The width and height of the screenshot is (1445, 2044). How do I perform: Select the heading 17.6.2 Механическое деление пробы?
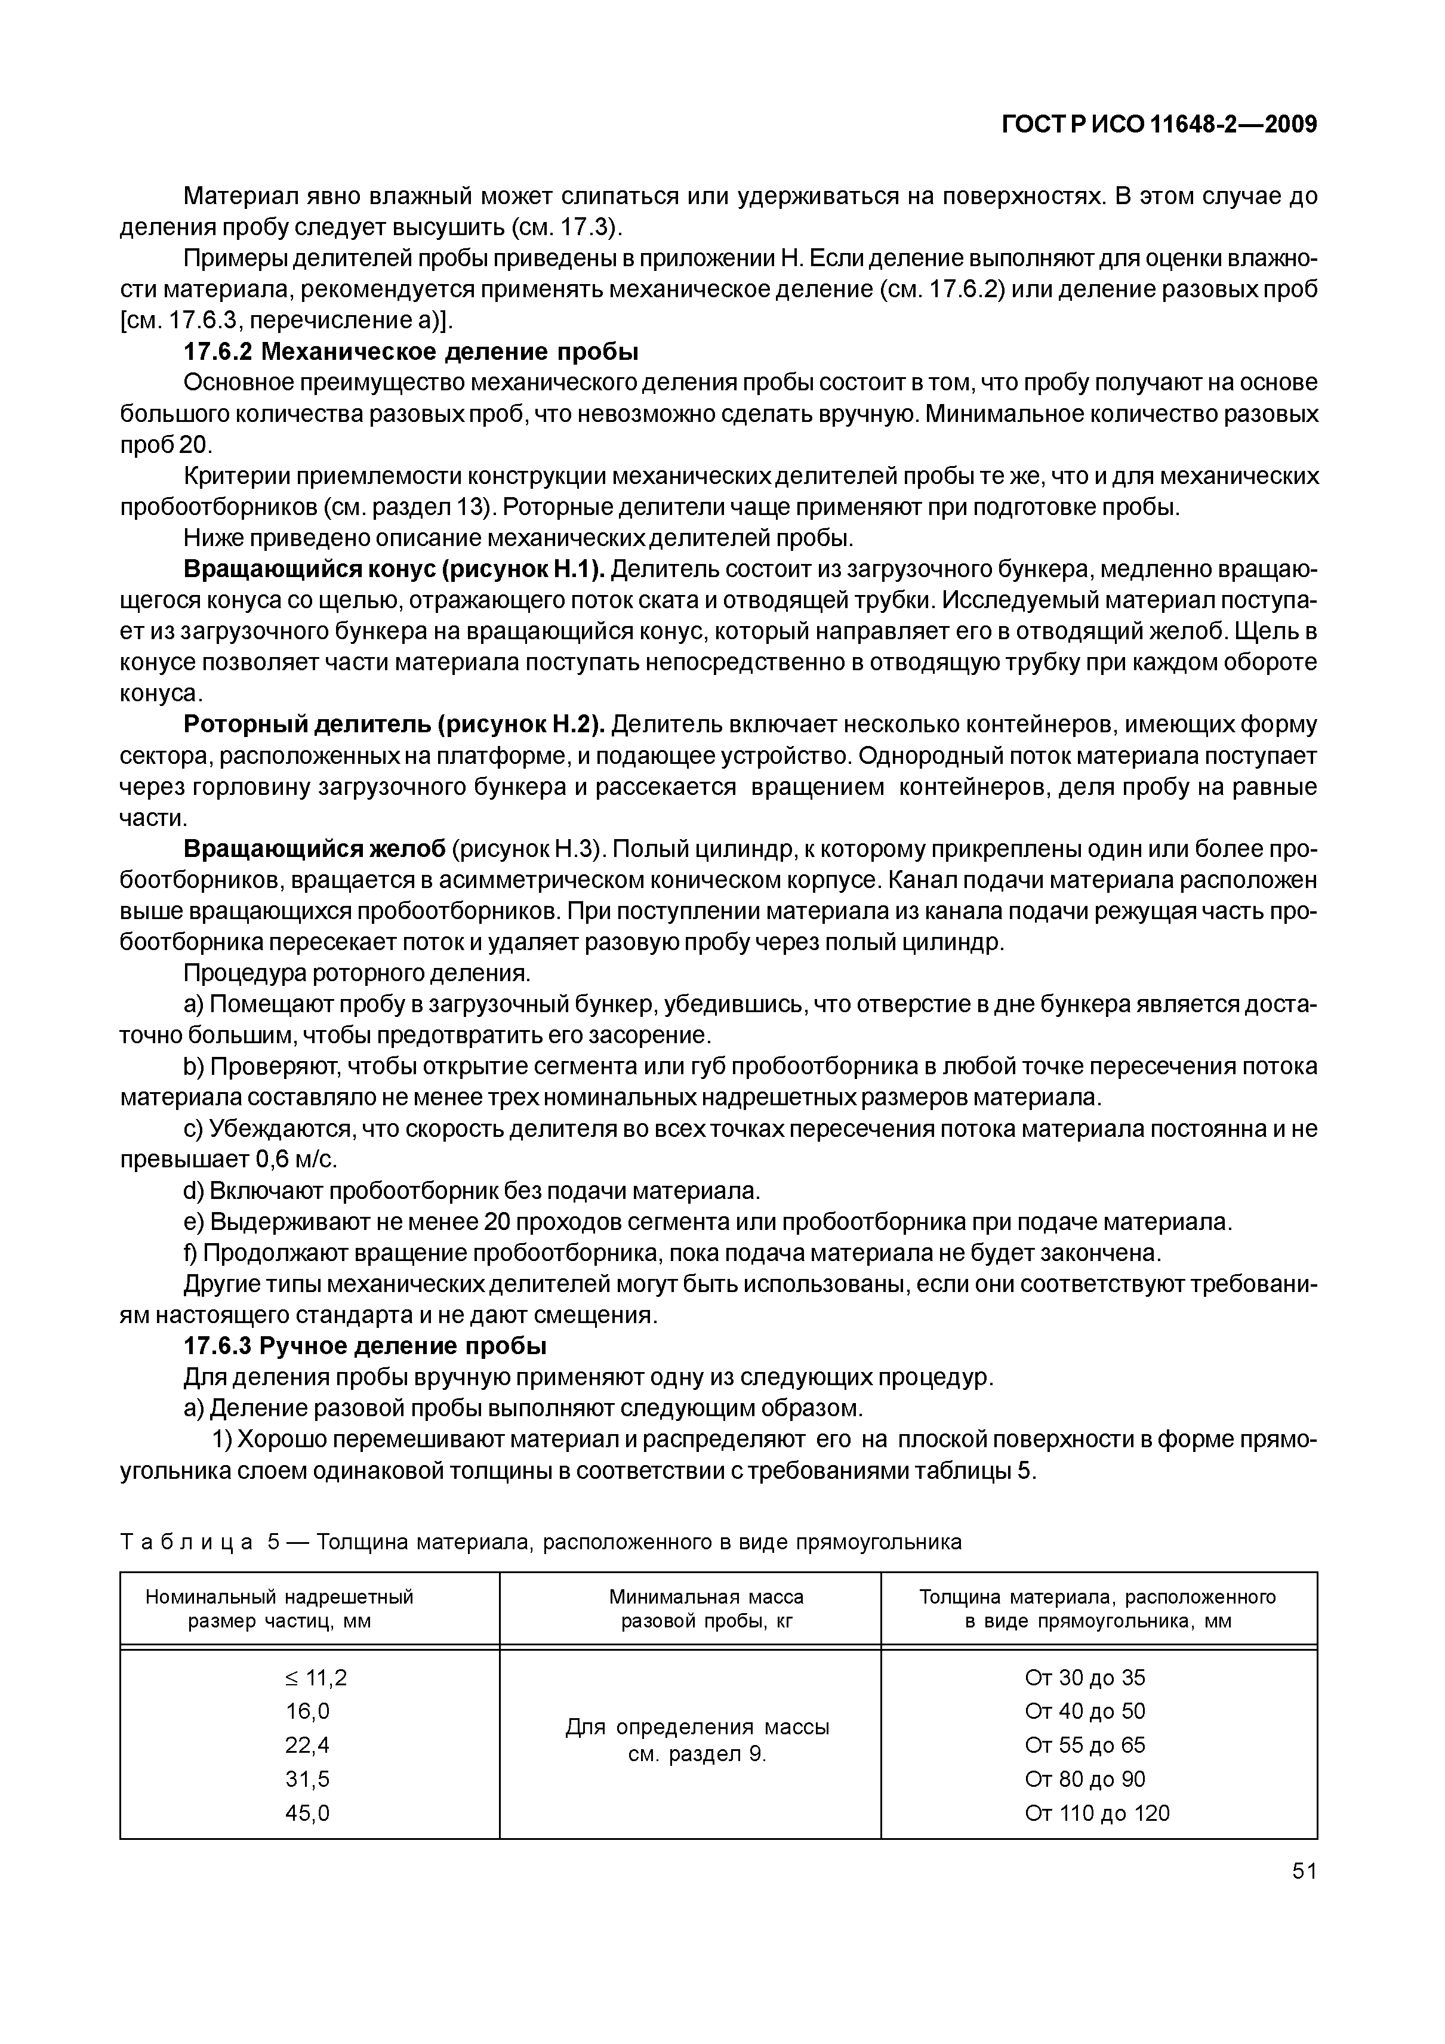[x=411, y=352]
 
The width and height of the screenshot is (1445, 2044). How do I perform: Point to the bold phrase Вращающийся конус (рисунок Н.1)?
[x=395, y=569]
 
